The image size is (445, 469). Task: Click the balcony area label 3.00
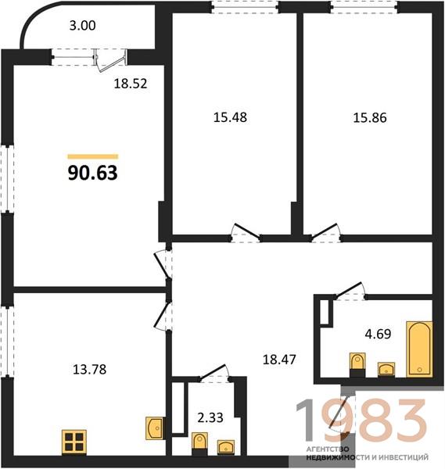coord(83,26)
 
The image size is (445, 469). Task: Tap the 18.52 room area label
coord(131,84)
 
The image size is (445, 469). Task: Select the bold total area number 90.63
coord(93,173)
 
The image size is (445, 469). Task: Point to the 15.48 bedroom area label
coord(230,117)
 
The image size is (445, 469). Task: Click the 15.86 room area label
coord(370,117)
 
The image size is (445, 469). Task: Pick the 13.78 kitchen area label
coord(89,370)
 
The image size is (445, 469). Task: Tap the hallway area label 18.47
coord(279,360)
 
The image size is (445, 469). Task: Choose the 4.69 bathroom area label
coord(378,334)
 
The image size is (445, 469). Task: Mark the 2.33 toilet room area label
coord(210,417)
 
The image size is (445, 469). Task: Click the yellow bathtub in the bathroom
coord(419,349)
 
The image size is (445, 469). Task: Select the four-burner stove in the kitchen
coord(74,442)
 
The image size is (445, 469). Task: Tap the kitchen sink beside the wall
coord(155,428)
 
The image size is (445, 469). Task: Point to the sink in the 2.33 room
coord(226,447)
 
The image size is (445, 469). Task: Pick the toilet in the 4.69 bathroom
coord(357,364)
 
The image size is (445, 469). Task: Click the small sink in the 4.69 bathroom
coord(386,369)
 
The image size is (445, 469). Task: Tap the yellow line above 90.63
coord(93,156)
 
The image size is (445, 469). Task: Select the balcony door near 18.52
coord(110,60)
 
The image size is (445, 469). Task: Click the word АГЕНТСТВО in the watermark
coord(328,449)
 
